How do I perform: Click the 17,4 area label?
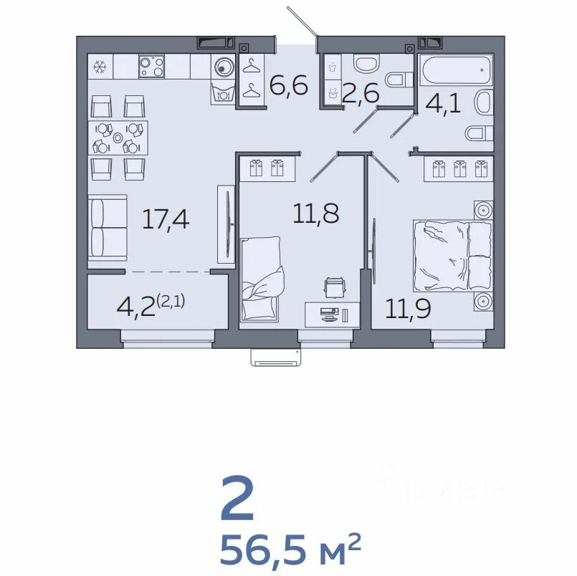point(166,220)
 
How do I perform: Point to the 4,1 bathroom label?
point(443,105)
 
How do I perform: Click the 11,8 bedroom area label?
point(316,213)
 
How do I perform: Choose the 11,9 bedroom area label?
point(408,309)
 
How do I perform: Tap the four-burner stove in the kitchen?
point(152,67)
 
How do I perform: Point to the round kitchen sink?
point(222,67)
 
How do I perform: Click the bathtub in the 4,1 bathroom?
point(456,70)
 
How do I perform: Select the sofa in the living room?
point(108,228)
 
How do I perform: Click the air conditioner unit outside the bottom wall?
point(276,357)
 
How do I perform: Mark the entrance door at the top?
point(302,22)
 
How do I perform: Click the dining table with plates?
point(118,138)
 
